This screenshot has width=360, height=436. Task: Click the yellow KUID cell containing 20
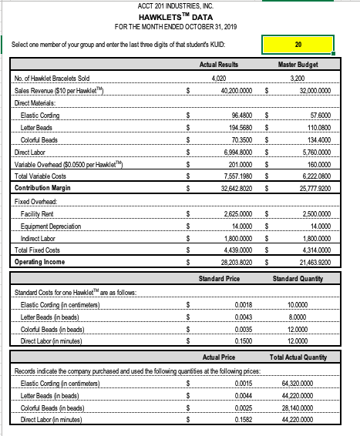[298, 44]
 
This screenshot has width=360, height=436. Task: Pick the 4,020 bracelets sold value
[218, 78]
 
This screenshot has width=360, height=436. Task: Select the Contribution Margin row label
[47, 187]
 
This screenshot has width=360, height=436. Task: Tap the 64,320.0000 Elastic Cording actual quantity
[308, 383]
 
